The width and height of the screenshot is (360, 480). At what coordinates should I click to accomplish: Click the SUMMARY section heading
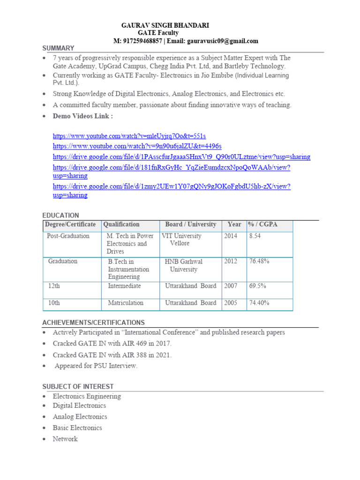tap(58, 48)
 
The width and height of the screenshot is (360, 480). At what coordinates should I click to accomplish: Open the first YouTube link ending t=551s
tap(129, 136)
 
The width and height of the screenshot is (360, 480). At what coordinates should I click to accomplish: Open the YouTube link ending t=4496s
tap(137, 146)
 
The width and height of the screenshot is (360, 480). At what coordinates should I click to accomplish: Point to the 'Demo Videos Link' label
tap(82, 116)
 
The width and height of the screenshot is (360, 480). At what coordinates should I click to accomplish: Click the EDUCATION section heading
tap(61, 215)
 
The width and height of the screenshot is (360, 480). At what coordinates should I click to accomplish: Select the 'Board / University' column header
tap(191, 225)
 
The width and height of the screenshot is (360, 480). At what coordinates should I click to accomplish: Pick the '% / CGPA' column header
tap(262, 225)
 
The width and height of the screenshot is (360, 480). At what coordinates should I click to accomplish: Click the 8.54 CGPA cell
tap(255, 236)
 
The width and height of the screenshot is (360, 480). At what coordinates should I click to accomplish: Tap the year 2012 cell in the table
tap(231, 261)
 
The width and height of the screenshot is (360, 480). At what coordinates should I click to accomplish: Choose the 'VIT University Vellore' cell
tap(181, 240)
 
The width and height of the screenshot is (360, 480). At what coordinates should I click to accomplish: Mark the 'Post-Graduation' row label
tap(68, 236)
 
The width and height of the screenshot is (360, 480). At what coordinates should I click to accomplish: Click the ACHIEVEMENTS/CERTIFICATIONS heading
tap(93, 322)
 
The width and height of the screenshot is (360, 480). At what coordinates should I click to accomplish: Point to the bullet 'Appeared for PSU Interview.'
tap(96, 366)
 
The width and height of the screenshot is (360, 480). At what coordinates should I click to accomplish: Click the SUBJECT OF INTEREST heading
tap(78, 386)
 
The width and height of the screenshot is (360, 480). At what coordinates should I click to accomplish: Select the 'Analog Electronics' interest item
tap(80, 417)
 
